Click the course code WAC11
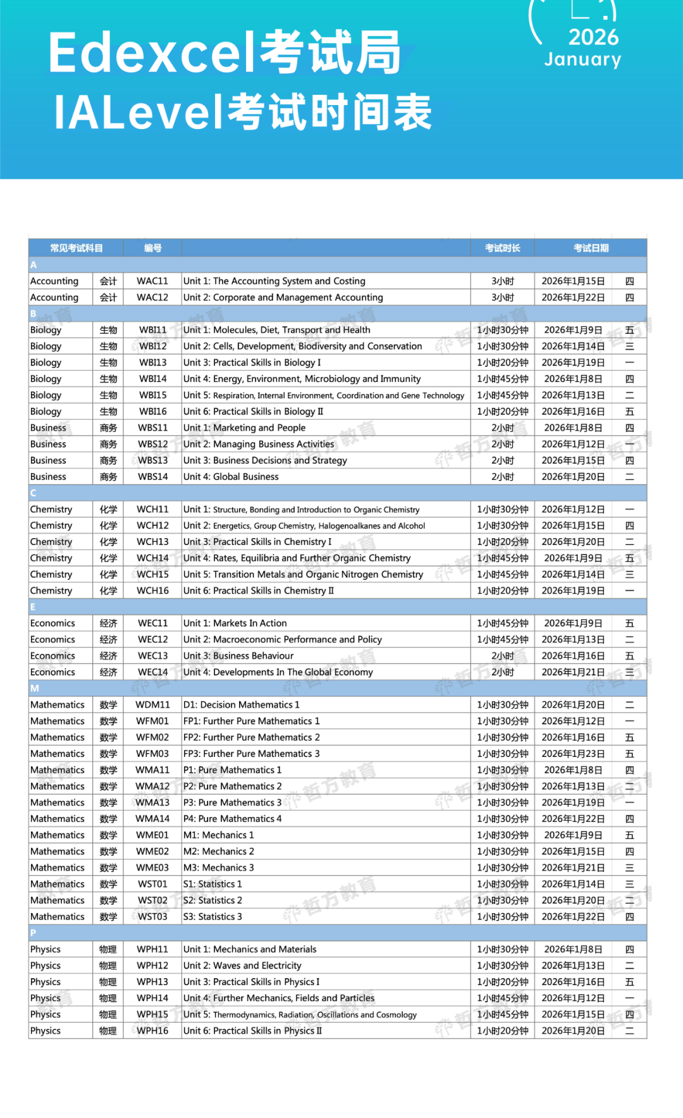(x=152, y=281)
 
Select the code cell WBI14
(x=152, y=379)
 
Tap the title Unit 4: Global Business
(x=231, y=477)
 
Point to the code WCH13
(x=152, y=542)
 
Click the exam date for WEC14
(x=573, y=672)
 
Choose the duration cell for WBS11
(x=503, y=428)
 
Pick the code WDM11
(x=152, y=704)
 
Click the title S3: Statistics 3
(x=212, y=916)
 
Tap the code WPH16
(x=152, y=1031)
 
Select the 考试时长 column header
(x=503, y=248)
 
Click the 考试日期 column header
(x=591, y=248)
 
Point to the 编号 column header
(x=152, y=248)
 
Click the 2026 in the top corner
(x=593, y=37)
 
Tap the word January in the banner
(x=582, y=59)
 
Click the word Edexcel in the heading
(x=152, y=53)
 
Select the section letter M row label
(x=34, y=688)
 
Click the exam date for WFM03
(x=573, y=754)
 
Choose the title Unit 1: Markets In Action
(x=235, y=623)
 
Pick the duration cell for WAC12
(x=503, y=297)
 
